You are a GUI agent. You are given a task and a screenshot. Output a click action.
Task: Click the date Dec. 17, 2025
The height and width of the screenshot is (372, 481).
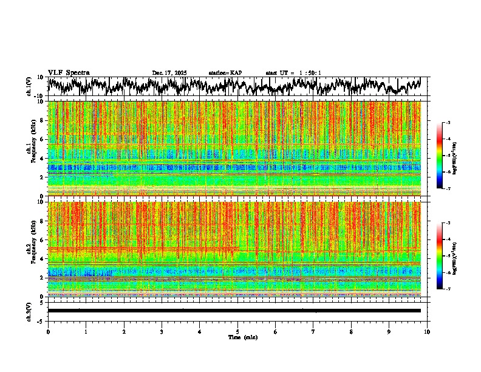[x=169, y=73]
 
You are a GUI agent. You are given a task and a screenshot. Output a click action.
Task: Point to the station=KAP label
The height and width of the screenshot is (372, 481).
[x=225, y=73]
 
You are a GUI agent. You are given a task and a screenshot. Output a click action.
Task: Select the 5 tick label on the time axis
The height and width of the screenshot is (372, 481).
[x=237, y=332]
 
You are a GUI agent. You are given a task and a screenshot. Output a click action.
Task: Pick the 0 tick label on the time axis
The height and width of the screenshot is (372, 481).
[x=48, y=332]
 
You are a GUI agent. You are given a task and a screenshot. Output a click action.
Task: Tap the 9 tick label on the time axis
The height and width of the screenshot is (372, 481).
[x=389, y=332]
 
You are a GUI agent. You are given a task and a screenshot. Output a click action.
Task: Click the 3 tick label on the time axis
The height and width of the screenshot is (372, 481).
[x=162, y=332]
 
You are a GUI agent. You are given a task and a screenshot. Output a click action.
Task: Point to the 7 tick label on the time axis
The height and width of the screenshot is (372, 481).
[x=313, y=332]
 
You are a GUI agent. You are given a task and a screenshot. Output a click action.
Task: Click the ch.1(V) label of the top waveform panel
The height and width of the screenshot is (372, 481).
[x=29, y=86]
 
